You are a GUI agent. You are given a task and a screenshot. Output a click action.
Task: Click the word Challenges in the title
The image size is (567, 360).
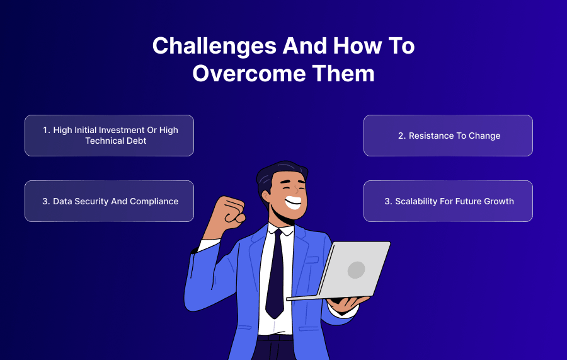coord(214,47)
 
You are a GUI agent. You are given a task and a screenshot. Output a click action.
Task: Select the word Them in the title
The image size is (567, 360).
coord(343,73)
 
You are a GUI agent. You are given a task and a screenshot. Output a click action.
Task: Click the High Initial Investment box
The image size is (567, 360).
coord(109,136)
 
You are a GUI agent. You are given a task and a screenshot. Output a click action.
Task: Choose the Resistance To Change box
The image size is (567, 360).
coord(448,136)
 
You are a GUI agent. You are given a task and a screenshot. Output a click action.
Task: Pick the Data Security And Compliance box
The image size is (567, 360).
coord(109,201)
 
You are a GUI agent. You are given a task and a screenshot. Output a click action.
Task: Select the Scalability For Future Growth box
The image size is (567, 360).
coord(448,201)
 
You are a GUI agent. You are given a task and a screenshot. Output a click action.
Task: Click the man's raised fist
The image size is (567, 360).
coord(229,212)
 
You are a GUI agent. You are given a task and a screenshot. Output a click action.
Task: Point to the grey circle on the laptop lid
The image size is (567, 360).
coord(356,270)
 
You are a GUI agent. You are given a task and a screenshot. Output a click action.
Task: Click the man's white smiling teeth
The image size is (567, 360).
coord(293,202)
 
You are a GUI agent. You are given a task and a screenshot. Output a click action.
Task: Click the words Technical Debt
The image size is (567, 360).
coord(116,141)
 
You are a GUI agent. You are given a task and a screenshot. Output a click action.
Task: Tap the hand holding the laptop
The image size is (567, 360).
coord(348,304)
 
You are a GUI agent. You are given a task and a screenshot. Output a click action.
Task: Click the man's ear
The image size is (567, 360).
coord(266,195)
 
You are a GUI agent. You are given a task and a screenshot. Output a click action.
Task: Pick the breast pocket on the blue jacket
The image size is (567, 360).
coord(312,260)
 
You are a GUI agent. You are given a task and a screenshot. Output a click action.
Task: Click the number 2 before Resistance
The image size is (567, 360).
coord(401,136)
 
